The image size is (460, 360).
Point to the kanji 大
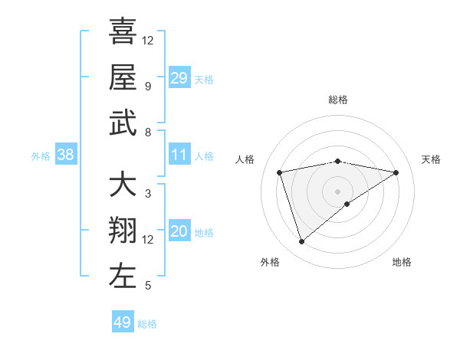click(123, 185)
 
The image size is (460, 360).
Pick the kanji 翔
click(123, 231)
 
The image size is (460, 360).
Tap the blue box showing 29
click(179, 77)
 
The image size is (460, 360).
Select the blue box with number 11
click(179, 155)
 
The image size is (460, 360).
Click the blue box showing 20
click(179, 231)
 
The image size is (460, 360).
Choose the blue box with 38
click(65, 155)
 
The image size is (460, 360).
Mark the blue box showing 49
click(123, 322)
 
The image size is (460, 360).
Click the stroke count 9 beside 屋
click(147, 86)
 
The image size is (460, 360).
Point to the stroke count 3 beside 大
click(147, 194)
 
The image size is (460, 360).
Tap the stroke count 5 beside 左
click(147, 286)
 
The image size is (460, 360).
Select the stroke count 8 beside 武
click(147, 132)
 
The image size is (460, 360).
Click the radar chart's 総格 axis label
click(338, 100)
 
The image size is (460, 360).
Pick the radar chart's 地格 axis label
click(402, 262)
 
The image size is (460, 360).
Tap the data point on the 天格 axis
click(396, 172)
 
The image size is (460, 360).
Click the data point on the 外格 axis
click(301, 242)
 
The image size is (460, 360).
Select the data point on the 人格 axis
click(280, 172)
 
